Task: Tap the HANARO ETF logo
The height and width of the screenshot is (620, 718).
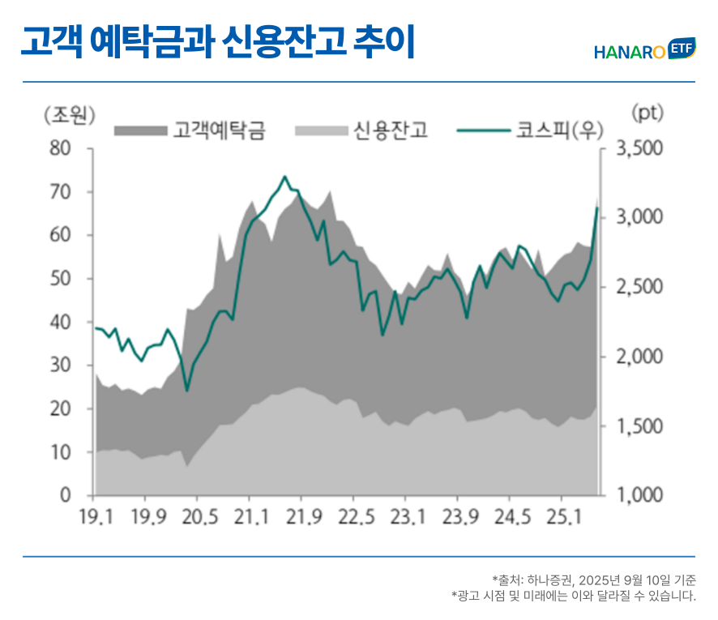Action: [644, 50]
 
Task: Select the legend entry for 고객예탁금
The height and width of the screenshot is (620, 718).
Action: [190, 130]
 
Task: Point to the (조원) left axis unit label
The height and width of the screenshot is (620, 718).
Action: [69, 114]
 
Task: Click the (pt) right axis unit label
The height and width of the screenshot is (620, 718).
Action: [646, 113]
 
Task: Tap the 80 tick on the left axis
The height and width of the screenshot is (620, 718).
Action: [61, 149]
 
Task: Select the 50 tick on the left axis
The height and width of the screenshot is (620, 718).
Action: [61, 279]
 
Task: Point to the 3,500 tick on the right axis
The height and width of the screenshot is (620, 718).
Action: [639, 149]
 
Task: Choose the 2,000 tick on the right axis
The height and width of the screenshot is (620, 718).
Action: [639, 357]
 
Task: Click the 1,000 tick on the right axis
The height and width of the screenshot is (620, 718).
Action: [639, 495]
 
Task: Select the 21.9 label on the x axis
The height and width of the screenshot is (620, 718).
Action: [301, 516]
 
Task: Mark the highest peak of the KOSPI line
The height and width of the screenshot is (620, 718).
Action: [284, 177]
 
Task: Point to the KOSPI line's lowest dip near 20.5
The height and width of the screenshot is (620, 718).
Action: [187, 391]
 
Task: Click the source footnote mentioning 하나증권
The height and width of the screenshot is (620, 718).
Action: [593, 579]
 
